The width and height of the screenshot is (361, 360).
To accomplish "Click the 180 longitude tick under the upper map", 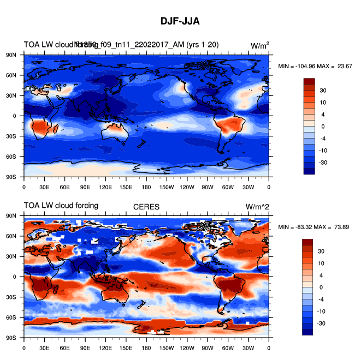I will pyautogui.click(x=146, y=187).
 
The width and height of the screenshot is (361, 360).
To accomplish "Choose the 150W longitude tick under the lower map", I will pyautogui.click(x=167, y=347).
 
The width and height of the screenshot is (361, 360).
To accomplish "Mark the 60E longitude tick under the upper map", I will pyautogui.click(x=64, y=187).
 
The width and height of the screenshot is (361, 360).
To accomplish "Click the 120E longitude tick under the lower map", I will pyautogui.click(x=105, y=347).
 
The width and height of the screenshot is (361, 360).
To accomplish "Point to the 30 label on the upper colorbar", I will pyautogui.click(x=323, y=90).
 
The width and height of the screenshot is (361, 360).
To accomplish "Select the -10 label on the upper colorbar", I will pyautogui.click(x=323, y=150).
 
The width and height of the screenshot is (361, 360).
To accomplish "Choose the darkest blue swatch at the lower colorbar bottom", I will pyautogui.click(x=309, y=332).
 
